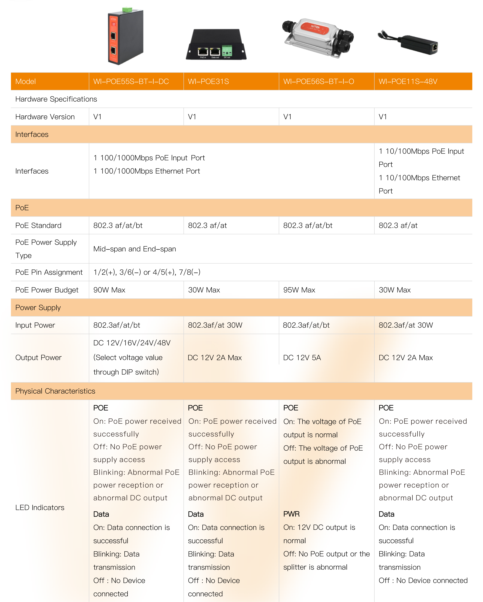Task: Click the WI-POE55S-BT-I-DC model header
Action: [131, 81]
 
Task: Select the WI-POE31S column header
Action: [208, 81]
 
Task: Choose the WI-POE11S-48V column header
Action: [408, 81]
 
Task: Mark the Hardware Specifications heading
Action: [56, 99]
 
